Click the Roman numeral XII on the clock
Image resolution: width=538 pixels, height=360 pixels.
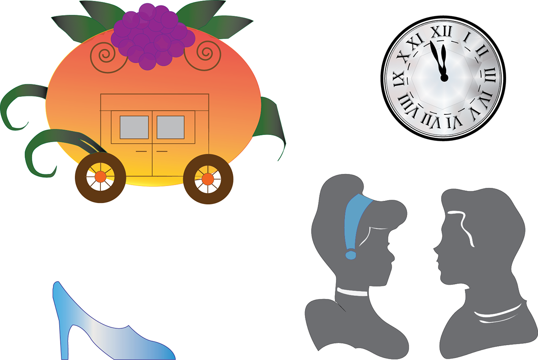coord(442,31)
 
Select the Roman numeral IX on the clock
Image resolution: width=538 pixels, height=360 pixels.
coord(399,79)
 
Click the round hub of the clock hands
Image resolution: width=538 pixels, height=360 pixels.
coord(444,78)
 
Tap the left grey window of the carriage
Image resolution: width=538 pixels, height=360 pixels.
coord(134,127)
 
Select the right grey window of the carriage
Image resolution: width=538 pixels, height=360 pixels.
coord(170,127)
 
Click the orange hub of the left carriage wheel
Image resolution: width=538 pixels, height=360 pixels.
coord(100,177)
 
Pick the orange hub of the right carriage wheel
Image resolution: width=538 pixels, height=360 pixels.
coord(208,179)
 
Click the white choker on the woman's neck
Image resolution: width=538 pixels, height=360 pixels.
coord(352,292)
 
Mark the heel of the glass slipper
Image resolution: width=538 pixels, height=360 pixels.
coord(65,341)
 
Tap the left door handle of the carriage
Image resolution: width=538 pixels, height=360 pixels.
coord(141,151)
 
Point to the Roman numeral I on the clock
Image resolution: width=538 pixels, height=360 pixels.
coord(467,38)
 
